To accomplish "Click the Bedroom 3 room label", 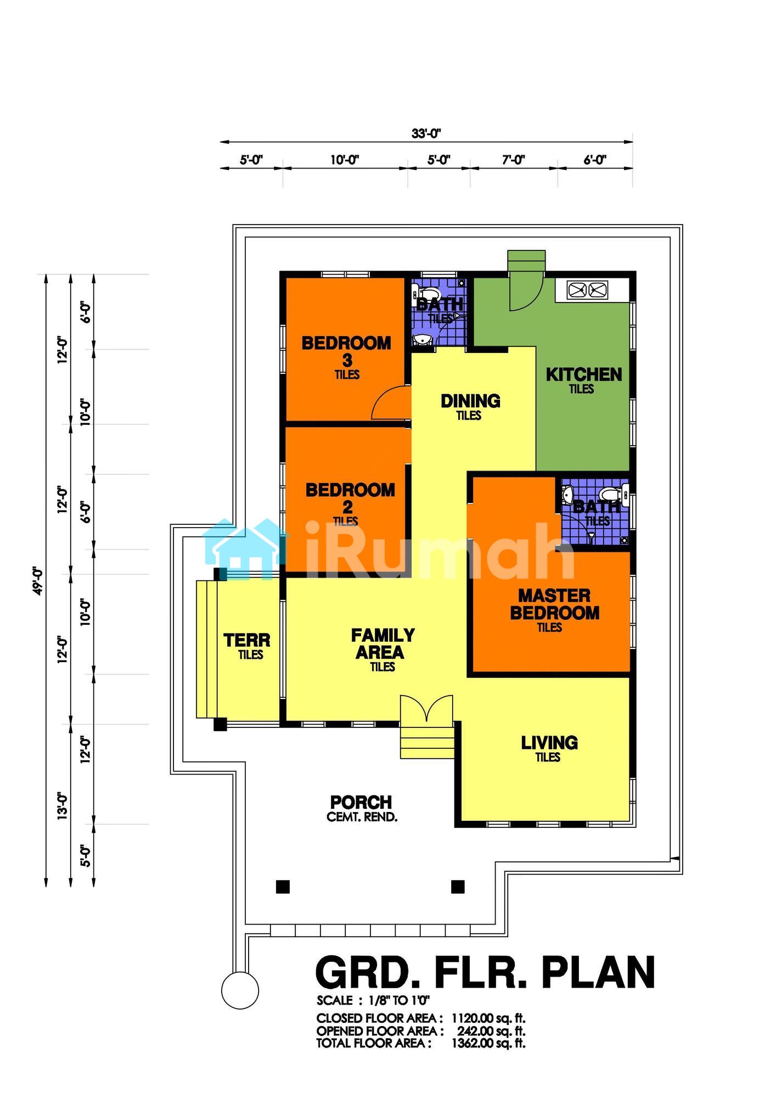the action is [x=346, y=352].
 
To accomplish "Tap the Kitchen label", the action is [x=584, y=375].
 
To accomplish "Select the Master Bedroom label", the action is [x=555, y=604].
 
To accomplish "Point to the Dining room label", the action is [x=470, y=401].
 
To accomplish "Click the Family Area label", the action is [x=383, y=644].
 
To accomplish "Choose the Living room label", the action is [x=549, y=743].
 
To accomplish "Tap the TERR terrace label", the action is [x=247, y=640].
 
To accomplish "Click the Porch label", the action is [x=361, y=802].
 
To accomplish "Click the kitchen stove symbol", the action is [x=587, y=289].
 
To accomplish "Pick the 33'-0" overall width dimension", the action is [x=426, y=133].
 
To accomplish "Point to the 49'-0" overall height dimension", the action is [x=38, y=581].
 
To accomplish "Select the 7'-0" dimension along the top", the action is [x=514, y=160].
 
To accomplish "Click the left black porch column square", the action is [x=283, y=887].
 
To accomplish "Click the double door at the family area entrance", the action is [x=427, y=708].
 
